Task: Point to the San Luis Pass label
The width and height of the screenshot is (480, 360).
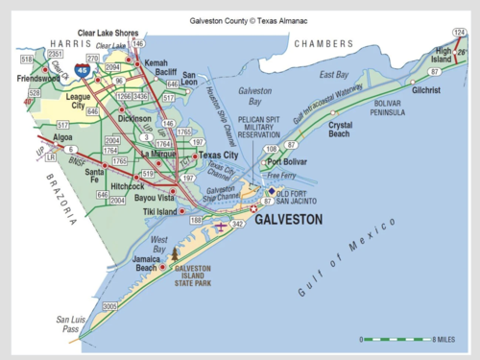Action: (70, 324)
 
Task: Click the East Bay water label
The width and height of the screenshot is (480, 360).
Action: (333, 74)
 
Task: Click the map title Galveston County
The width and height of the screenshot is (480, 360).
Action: (239, 17)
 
